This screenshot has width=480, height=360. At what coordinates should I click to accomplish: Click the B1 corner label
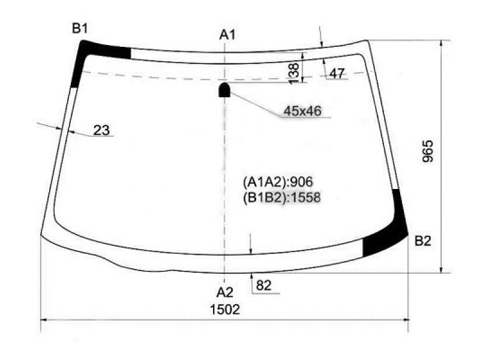(80, 28)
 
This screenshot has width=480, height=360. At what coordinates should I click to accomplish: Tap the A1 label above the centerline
(227, 35)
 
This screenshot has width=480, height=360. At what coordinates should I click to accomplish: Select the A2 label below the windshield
(224, 293)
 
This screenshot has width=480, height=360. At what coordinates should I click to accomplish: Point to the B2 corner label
(423, 241)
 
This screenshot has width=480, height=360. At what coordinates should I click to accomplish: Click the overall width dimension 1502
(224, 310)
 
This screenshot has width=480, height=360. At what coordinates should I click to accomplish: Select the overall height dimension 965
(428, 151)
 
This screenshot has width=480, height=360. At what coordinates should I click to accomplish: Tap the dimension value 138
(294, 73)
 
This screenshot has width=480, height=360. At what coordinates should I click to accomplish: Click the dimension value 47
(337, 73)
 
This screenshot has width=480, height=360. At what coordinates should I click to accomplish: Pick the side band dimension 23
(101, 130)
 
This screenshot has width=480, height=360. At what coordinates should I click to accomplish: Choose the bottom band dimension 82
(263, 286)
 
